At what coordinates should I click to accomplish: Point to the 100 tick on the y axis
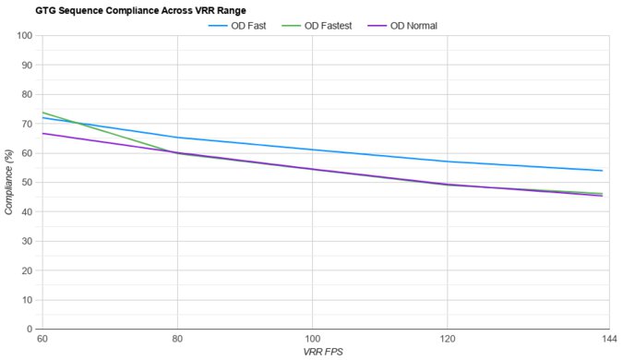tap(24, 36)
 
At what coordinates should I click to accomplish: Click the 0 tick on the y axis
tap(30, 329)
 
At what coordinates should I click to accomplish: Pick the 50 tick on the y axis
tap(27, 183)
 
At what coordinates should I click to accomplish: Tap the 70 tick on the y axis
tap(27, 124)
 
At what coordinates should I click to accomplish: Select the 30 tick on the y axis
tap(27, 241)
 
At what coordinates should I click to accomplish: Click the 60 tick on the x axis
tap(42, 340)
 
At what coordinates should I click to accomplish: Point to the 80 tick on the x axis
tap(176, 340)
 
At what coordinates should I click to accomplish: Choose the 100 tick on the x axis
tap(312, 340)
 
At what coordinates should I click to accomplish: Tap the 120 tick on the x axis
tap(448, 340)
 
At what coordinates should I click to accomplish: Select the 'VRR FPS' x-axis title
tap(322, 353)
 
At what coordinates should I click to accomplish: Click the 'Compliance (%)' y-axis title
tap(8, 183)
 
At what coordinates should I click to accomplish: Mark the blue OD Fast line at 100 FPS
tap(312, 150)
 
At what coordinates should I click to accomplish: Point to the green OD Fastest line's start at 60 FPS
tap(42, 113)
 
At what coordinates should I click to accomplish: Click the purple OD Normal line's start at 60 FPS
tap(42, 134)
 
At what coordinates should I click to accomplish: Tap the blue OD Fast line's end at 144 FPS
tap(602, 171)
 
